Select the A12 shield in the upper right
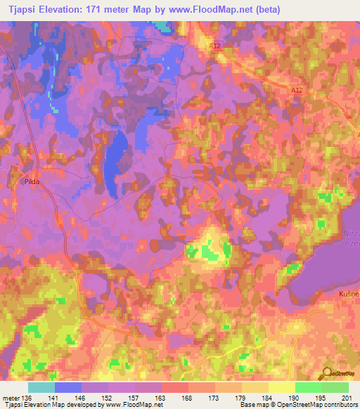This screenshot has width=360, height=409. click(x=297, y=91)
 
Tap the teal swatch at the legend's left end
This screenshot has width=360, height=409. click(x=41, y=387)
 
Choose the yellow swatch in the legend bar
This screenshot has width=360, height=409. click(x=281, y=387)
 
